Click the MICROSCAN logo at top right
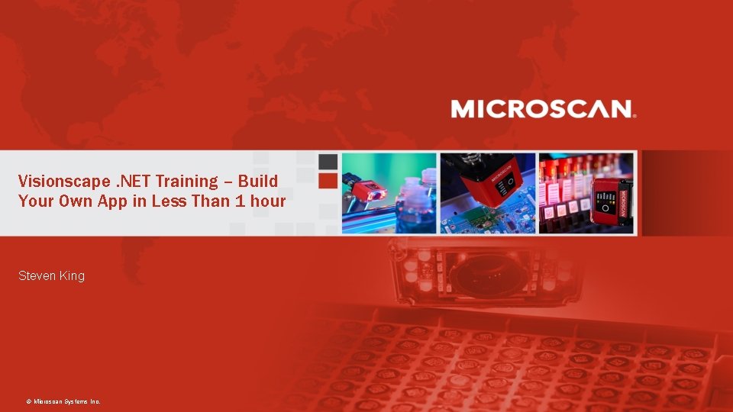pyautogui.click(x=543, y=109)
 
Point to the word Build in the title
pyautogui.click(x=257, y=182)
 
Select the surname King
pyautogui.click(x=72, y=275)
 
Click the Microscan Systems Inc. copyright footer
pyautogui.click(x=63, y=401)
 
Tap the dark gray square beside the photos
pyautogui.click(x=328, y=162)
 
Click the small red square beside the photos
pyautogui.click(x=328, y=181)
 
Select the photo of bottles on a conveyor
pyautogui.click(x=389, y=193)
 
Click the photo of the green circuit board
pyautogui.click(x=487, y=193)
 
